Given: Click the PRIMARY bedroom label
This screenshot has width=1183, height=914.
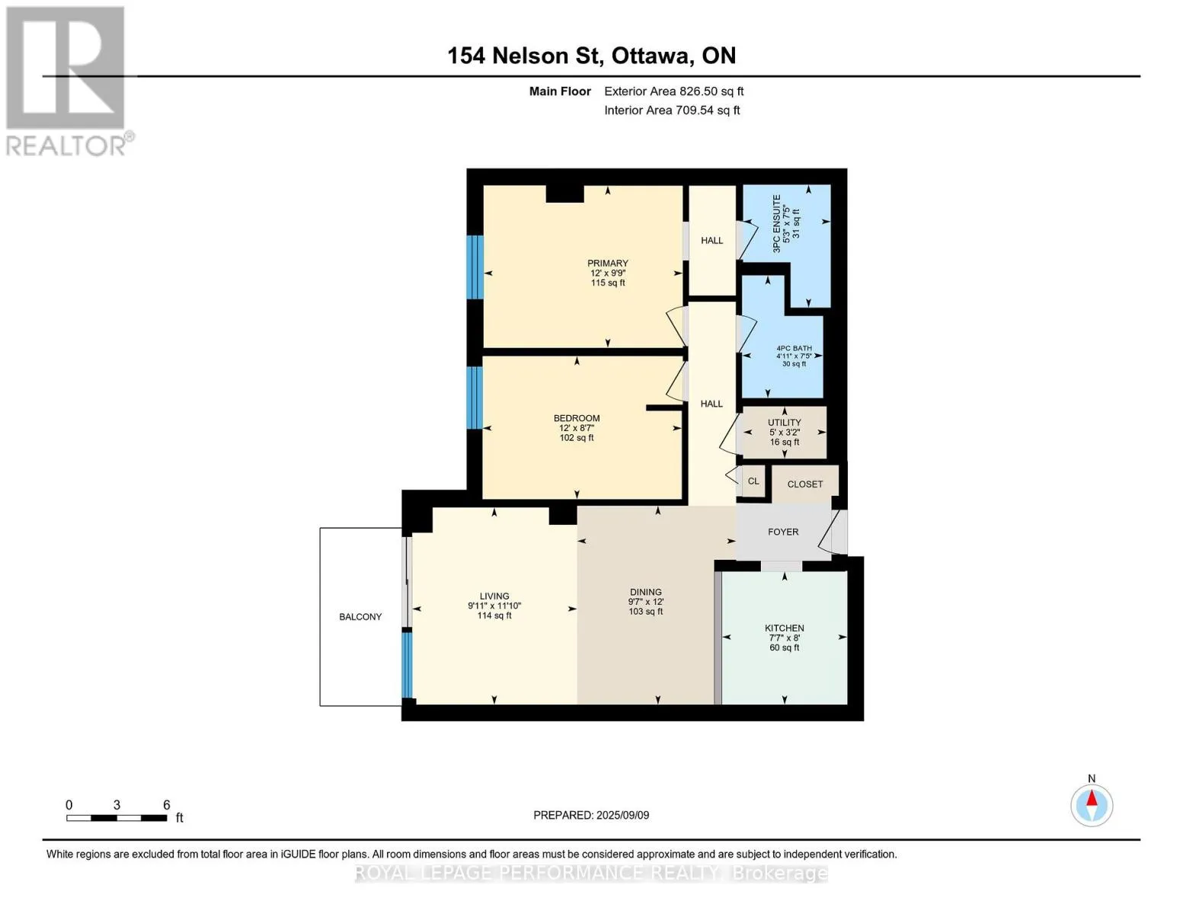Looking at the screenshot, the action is tap(608, 263).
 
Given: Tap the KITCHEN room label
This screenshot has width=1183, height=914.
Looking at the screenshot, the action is tap(784, 628).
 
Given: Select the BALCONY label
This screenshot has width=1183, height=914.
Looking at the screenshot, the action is tap(360, 617).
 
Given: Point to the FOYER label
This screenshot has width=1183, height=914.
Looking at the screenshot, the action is tap(783, 532).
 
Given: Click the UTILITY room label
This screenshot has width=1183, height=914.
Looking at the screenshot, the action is tap(785, 423).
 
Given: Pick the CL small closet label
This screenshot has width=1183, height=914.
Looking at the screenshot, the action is tap(753, 481).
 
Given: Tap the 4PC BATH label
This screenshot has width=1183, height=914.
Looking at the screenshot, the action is tap(795, 348).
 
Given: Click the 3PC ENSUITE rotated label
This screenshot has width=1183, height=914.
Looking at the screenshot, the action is tap(777, 224).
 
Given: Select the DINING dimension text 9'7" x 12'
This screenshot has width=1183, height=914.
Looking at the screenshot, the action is tap(646, 602).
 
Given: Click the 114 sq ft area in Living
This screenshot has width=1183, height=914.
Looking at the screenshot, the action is tap(494, 615).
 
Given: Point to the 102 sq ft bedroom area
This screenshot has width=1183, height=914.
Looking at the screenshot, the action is tap(577, 438).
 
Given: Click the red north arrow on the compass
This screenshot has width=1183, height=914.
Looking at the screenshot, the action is tap(1092, 798).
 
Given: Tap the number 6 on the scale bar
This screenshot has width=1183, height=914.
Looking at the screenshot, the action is tap(167, 804).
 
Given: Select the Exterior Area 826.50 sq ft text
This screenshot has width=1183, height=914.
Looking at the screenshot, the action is tap(674, 91).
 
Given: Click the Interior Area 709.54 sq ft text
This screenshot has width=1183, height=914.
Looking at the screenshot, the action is tap(673, 110).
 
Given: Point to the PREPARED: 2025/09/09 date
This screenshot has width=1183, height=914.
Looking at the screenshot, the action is tap(591, 816).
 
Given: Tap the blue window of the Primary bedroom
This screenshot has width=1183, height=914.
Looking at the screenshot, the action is tap(475, 267).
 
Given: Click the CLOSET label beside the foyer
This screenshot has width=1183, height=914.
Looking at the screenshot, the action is tap(804, 484).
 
